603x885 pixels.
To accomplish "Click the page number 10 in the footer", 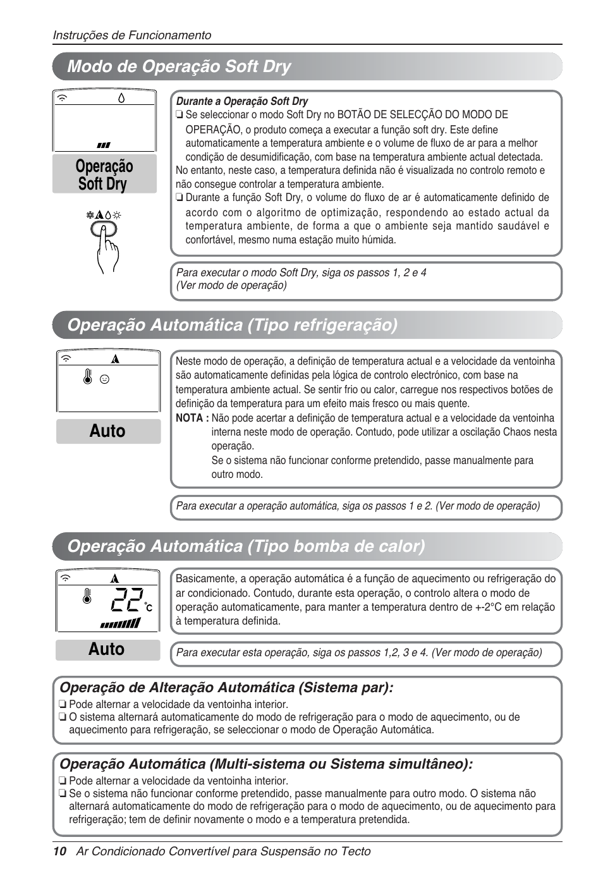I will point(59,851).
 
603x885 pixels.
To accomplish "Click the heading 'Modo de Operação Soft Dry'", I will point(179,66).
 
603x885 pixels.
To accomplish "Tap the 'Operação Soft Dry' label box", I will point(104,175).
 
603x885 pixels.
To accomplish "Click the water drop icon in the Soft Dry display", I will point(121,98).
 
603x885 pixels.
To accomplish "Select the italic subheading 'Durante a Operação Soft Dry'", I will point(242,101).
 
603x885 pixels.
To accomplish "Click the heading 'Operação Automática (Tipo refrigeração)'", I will point(232,325).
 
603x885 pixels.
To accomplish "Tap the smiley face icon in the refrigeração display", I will point(105,379).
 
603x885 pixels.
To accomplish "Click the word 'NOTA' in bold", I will point(188,418).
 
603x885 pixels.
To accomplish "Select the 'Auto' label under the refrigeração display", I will point(107,431).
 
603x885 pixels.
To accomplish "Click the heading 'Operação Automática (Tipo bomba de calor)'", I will point(246,546).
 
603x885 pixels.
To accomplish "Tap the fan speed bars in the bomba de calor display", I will point(119,623).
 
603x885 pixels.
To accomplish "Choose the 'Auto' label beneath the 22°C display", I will point(107,649).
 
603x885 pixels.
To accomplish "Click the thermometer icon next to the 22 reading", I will point(87,597).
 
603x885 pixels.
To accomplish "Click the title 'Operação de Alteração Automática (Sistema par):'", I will point(226,687).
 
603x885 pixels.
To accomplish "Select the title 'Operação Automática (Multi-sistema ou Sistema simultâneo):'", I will point(265,764).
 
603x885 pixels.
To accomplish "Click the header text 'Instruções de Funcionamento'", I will point(131,35).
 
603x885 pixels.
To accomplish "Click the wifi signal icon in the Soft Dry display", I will point(63,99).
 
